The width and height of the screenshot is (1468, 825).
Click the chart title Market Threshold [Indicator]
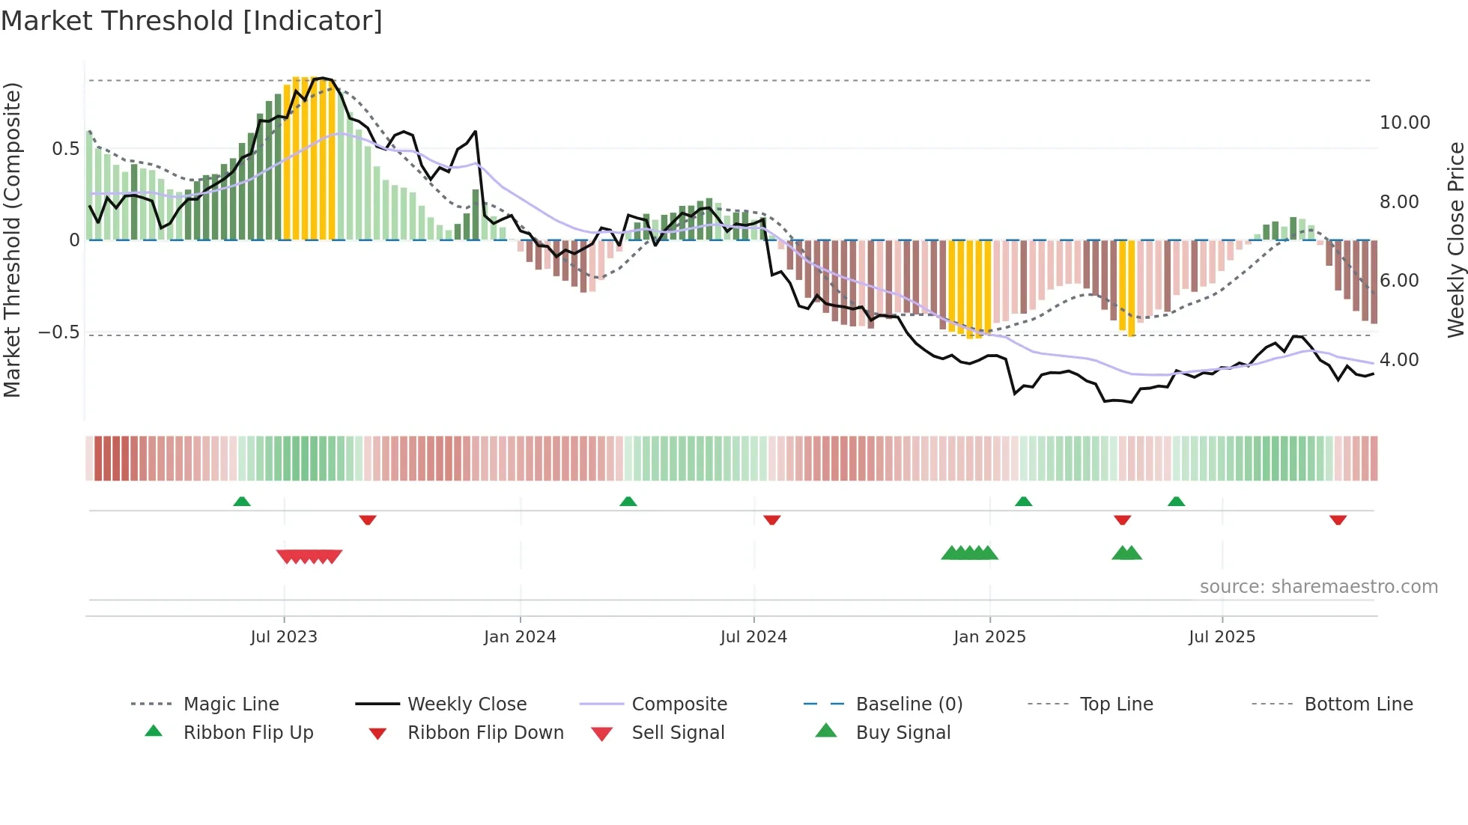[192, 21]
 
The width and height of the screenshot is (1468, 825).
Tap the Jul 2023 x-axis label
[284, 637]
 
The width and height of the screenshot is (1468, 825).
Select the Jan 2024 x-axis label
[520, 637]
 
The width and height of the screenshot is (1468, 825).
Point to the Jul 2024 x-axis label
[753, 637]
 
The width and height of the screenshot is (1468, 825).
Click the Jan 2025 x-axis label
[989, 637]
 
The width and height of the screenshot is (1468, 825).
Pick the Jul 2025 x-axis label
[1222, 637]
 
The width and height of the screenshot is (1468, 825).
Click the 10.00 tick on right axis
[1404, 123]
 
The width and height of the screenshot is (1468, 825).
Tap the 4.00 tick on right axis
[1399, 360]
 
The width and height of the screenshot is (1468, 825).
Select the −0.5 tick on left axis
[59, 332]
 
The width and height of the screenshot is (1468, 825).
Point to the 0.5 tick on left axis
[66, 149]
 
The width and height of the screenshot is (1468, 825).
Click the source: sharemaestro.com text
[1318, 587]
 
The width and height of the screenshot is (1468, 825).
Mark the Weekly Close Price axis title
[1455, 240]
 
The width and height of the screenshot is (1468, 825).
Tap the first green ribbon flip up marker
[242, 502]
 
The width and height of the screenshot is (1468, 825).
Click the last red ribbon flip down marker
[1338, 520]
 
